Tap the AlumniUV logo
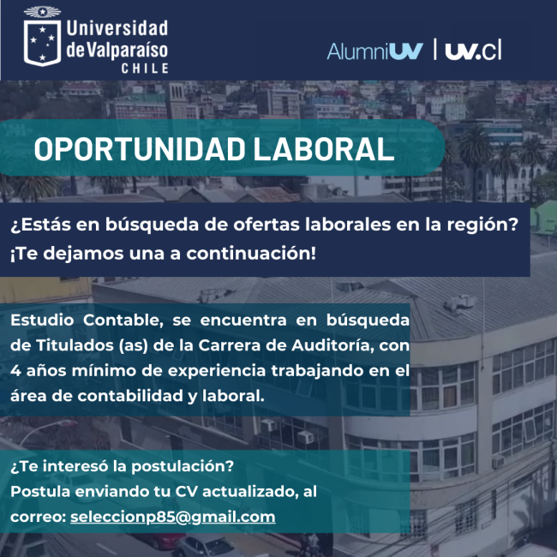point(374,51)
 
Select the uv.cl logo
point(473,50)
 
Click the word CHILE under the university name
point(145,69)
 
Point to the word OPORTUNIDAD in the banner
point(140,149)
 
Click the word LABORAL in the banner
point(324,149)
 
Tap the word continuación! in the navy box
point(251,254)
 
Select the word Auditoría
point(332,345)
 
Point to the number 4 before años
point(15,371)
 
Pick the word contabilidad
point(130,396)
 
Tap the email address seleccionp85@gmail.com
point(172,517)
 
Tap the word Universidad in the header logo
point(117,28)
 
